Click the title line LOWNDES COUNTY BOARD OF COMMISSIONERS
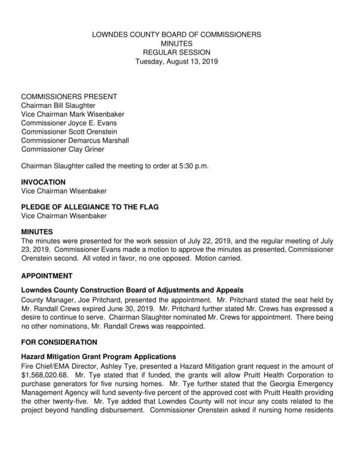coord(176,35)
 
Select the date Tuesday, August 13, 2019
coord(176,61)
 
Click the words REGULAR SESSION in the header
coord(176,53)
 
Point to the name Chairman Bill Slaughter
coord(58,106)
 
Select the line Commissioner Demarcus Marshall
coord(75,140)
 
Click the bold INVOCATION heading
coord(43,182)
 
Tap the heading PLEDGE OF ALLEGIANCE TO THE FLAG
coord(89,207)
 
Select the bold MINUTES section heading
coord(37,232)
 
